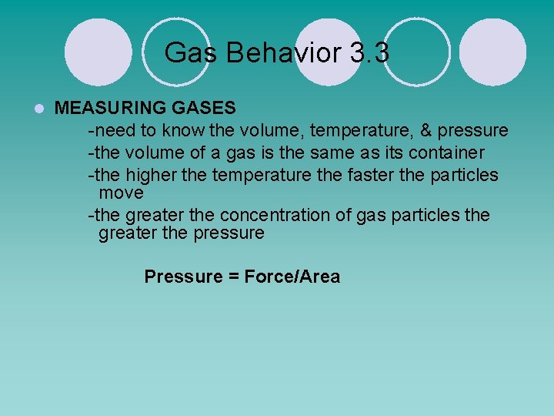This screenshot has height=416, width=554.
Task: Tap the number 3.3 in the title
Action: click(369, 53)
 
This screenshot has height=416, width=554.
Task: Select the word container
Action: click(449, 153)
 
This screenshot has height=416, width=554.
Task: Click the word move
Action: click(121, 192)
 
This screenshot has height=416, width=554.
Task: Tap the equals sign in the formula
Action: click(233, 277)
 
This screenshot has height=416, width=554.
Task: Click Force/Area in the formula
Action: click(292, 277)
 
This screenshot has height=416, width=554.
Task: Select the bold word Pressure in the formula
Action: click(183, 277)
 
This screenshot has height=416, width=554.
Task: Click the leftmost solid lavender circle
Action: click(97, 52)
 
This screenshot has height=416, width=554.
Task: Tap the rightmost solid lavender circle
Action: click(494, 52)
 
